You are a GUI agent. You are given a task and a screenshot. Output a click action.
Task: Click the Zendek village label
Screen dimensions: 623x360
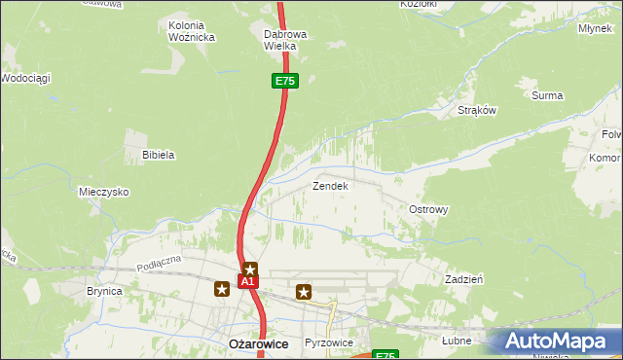[x=329, y=185]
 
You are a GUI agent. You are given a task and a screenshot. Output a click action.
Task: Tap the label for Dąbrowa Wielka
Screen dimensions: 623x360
[x=286, y=39]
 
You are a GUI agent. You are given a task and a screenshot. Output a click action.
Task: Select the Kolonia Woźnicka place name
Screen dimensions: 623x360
[x=191, y=31]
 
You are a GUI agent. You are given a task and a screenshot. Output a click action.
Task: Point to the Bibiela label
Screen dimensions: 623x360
[x=158, y=155]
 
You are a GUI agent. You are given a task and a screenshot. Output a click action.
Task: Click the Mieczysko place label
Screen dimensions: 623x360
[x=104, y=192]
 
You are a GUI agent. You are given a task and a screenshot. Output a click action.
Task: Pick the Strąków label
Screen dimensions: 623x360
[x=477, y=110]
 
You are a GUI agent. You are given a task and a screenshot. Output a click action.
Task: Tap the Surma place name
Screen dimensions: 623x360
[x=547, y=95]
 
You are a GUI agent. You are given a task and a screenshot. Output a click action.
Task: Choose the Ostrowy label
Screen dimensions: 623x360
[x=428, y=209]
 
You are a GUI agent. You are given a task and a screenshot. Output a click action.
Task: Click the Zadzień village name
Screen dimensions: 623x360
[x=464, y=278]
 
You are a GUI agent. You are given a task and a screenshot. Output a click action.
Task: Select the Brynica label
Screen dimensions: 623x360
[x=104, y=290]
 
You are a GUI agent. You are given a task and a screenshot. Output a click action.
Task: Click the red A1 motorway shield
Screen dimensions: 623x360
[x=247, y=282]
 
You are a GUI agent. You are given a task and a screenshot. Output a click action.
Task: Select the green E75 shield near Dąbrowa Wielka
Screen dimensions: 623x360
[x=284, y=82]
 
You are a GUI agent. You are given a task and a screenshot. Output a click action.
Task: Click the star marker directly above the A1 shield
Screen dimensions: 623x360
[x=250, y=269]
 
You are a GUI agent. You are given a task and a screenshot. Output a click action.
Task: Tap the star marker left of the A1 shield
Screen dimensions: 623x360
[x=223, y=288]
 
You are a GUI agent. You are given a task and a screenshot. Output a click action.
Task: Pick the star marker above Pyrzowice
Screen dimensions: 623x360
[x=304, y=290]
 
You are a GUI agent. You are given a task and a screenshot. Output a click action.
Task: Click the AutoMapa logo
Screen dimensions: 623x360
[x=560, y=340]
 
